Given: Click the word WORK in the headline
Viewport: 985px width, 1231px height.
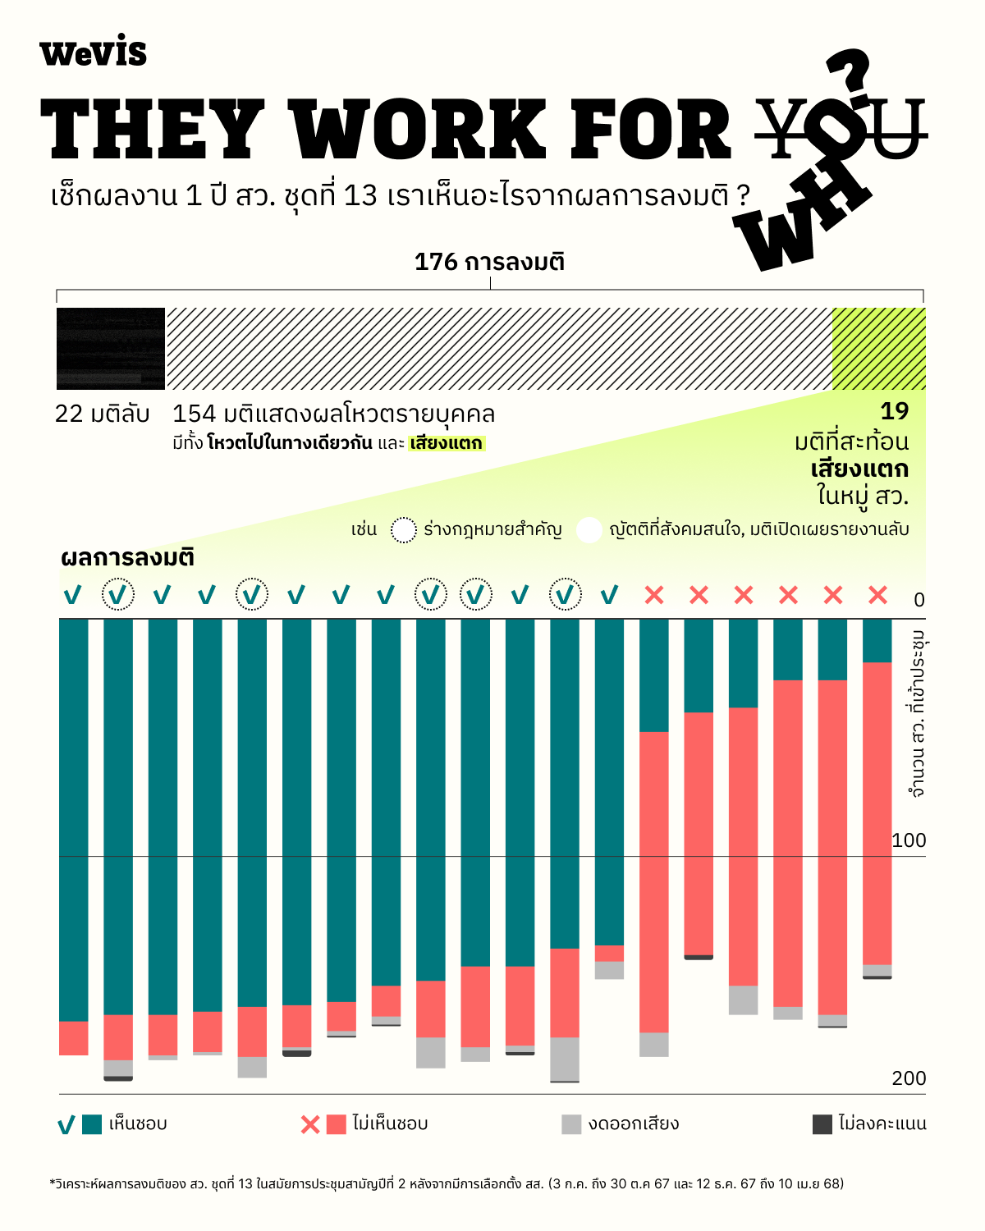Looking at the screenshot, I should pyautogui.click(x=419, y=130).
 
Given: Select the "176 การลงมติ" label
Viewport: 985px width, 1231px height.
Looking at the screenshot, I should pyautogui.click(x=489, y=262).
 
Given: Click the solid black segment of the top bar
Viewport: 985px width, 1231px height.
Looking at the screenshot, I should pyautogui.click(x=111, y=348).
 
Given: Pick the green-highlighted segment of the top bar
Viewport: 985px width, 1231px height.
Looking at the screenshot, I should pyautogui.click(x=878, y=348).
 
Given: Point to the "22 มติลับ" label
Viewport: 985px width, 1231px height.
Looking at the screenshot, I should pyautogui.click(x=102, y=414).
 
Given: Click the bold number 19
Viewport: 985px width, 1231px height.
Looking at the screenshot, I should pyautogui.click(x=894, y=411).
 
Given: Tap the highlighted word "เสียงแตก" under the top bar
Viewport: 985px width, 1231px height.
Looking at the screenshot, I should pyautogui.click(x=447, y=444).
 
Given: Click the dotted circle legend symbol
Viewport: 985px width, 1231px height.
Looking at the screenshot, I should pyautogui.click(x=403, y=530).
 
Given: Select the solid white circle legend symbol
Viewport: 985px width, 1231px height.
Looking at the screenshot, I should pyautogui.click(x=589, y=530).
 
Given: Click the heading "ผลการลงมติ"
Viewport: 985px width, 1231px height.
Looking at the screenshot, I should pyautogui.click(x=127, y=558).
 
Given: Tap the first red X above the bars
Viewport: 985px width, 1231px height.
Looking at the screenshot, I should pyautogui.click(x=654, y=595).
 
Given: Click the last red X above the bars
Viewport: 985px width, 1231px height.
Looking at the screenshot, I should pyautogui.click(x=877, y=595).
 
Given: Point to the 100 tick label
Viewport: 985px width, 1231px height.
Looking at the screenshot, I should pyautogui.click(x=908, y=840).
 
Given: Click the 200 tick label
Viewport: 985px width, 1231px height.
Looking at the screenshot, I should pyautogui.click(x=908, y=1078).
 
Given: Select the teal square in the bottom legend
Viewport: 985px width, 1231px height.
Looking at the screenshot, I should pyautogui.click(x=92, y=1124).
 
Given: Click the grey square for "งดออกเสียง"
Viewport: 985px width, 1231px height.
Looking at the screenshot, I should pyautogui.click(x=571, y=1124).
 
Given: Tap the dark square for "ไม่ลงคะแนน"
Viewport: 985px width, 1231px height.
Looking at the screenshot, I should pyautogui.click(x=822, y=1124).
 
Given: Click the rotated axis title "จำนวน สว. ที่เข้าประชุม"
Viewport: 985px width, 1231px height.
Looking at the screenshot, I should pyautogui.click(x=917, y=713).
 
